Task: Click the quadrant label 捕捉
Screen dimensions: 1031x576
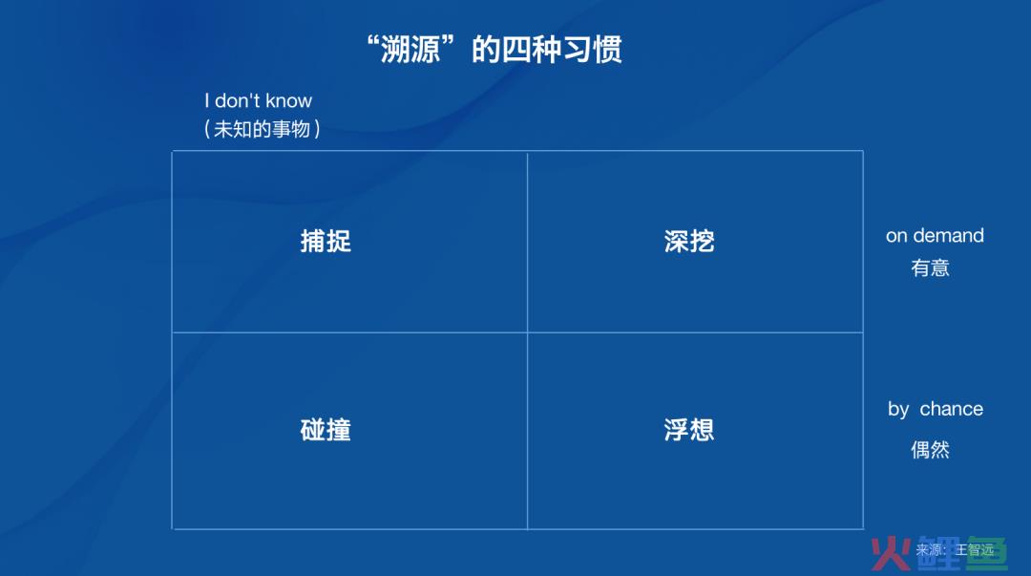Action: coord(326,241)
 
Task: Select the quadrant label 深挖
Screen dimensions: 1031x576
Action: coord(689,241)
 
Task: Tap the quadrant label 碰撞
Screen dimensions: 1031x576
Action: coord(326,430)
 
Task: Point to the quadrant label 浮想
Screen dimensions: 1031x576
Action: coord(689,430)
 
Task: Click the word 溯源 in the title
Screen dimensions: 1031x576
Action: coord(410,50)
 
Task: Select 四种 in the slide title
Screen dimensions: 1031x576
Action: coord(532,50)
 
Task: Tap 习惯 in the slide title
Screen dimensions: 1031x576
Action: coord(592,50)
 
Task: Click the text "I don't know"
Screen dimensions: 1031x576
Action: coord(258,100)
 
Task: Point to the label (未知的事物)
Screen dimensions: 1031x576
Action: coord(263,128)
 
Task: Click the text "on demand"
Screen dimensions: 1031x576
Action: coord(935,236)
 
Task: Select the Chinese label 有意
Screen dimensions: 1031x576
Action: coord(930,267)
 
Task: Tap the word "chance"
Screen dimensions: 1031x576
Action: coord(952,409)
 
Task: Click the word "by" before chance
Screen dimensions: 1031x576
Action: coord(898,410)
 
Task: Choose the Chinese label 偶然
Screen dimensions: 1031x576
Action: coord(930,450)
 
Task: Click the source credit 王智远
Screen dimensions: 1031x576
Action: coord(975,549)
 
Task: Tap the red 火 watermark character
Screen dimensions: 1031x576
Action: coord(891,554)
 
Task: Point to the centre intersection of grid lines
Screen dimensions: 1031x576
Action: coord(527,332)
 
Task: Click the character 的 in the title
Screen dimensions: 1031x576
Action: coord(487,50)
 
